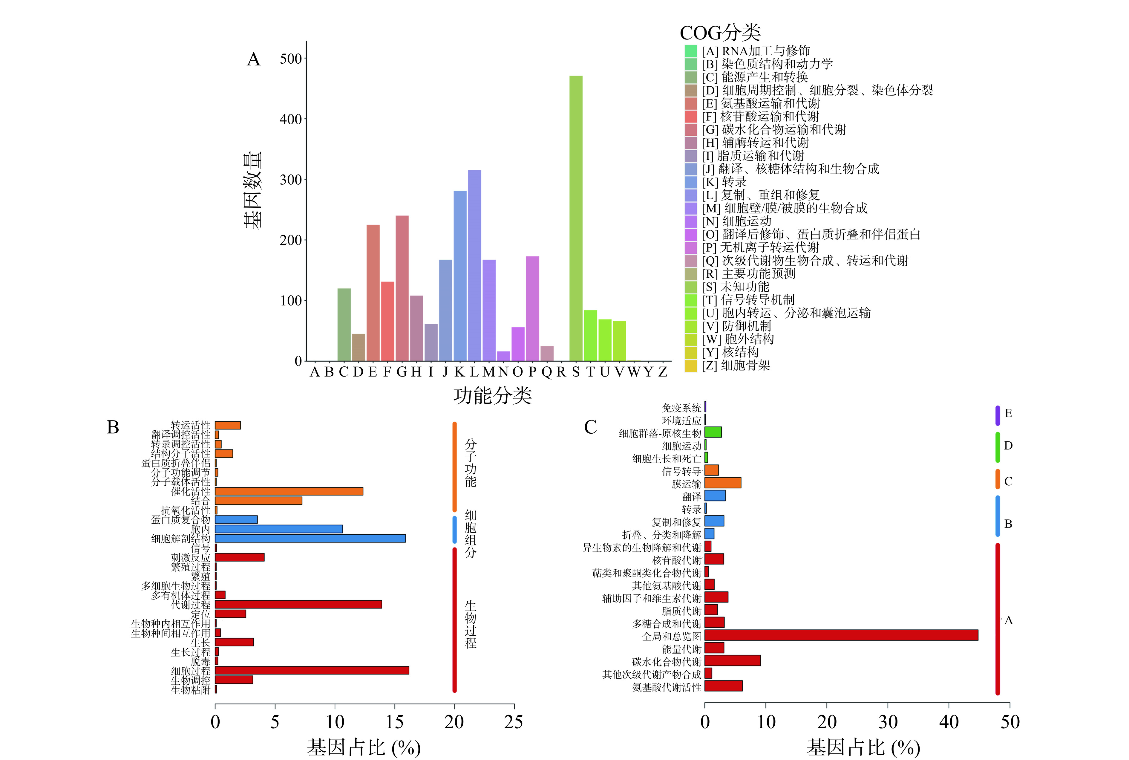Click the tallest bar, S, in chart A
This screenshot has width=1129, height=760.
point(576,218)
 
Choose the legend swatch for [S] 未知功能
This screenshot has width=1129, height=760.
point(690,287)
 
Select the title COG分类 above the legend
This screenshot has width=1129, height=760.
point(720,33)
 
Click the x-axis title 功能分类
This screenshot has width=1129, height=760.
point(492,395)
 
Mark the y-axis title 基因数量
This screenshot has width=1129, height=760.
point(252,190)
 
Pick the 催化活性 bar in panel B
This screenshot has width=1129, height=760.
point(289,491)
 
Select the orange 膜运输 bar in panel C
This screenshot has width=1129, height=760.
point(722,483)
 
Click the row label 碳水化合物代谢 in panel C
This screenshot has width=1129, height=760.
point(666,662)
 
